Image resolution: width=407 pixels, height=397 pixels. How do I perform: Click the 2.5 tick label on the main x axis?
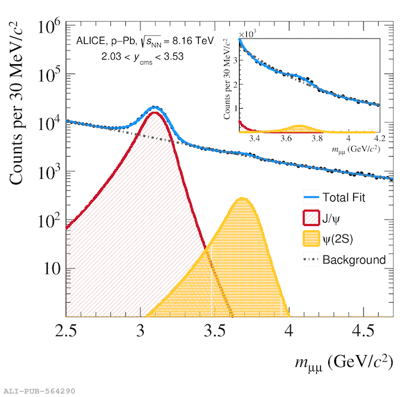point(66,329)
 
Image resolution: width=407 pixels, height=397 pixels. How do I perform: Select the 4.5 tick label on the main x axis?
point(363,329)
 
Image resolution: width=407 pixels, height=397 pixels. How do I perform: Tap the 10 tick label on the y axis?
point(48,269)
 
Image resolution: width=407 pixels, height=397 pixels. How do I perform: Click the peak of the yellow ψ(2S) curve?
point(242,198)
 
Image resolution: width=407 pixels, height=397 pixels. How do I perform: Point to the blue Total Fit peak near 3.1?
point(155,107)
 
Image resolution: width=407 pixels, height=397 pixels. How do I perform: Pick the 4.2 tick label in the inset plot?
point(379,139)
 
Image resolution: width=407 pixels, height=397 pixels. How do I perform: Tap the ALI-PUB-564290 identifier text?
point(39,391)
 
